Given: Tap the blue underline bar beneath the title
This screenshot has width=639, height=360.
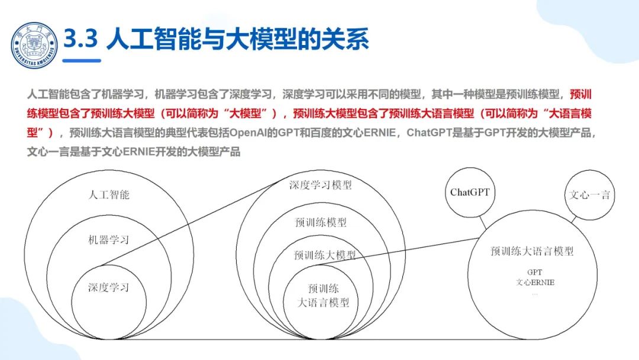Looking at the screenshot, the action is coord(82,60).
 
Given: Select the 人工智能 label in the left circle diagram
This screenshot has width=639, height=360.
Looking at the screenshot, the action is coord(109,194).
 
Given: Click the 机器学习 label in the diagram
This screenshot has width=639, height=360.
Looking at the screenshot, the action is coord(108,240).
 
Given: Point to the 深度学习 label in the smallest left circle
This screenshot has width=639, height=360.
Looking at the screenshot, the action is coord(108,288).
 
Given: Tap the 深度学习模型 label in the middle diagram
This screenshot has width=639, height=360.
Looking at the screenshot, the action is coord(320,185).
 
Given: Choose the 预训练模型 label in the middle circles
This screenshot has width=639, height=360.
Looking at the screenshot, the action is coord(320,223).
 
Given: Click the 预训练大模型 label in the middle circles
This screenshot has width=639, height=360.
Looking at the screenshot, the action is coord(325,255).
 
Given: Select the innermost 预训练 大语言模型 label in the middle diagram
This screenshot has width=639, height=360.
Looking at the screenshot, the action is coord(323,296).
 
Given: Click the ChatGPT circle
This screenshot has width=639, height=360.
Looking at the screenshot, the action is coord(470,192).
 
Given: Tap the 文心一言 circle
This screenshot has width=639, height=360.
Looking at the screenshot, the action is coord(589,195).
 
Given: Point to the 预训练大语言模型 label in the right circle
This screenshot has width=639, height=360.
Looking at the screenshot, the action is coord(532,251).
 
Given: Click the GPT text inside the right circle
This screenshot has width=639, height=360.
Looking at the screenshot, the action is coord(534,272).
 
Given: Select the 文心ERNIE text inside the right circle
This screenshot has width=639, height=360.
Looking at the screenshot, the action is coord(534,282).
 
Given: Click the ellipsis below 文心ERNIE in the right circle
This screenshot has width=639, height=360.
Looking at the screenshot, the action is coord(534,292).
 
